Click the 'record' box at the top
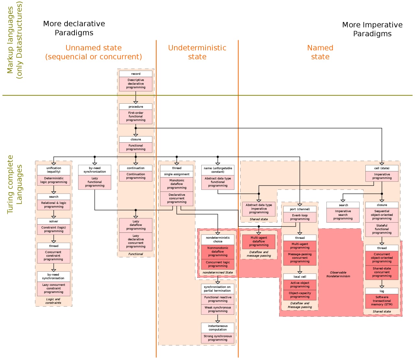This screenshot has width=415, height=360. (136, 74)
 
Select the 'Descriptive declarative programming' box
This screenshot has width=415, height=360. (136, 84)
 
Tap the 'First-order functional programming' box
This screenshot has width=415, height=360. (136, 117)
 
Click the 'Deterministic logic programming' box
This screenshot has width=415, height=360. (53, 180)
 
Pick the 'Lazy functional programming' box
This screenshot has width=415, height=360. (95, 182)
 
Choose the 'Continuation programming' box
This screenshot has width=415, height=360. (136, 176)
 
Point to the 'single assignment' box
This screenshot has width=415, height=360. (177, 174)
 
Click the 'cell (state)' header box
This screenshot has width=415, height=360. (382, 168)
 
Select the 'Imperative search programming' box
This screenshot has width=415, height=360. (343, 215)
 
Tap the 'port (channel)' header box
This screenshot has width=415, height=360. (300, 209)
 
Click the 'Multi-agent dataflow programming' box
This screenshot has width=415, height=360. (259, 241)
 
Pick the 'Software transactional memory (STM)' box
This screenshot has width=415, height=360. (382, 301)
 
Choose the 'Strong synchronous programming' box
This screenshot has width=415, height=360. (218, 338)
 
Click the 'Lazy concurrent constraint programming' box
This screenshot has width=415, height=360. (53, 288)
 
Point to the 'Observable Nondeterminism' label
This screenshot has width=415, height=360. (338, 274)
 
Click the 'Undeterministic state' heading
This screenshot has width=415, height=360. (197, 52)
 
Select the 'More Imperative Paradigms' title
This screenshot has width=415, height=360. (372, 29)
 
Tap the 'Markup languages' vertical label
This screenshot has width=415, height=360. (10, 40)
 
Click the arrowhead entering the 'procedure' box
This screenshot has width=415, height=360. (136, 102)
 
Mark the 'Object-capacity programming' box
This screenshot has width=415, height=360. (300, 295)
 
